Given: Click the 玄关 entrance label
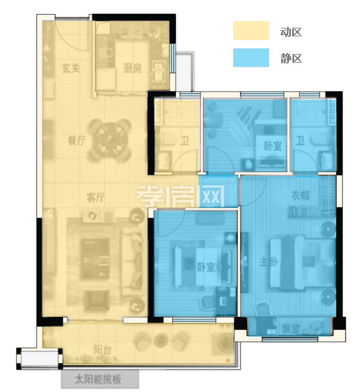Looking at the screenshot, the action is click(71, 68).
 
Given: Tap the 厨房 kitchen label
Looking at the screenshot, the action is click(132, 68).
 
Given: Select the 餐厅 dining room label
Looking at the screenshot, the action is click(77, 140).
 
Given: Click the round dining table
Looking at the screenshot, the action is click(110, 140).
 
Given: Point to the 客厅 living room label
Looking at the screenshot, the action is click(96, 198).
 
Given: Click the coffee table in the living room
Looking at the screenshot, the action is click(95, 259).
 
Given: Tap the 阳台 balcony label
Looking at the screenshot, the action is click(102, 350).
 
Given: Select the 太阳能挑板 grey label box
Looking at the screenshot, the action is click(100, 379).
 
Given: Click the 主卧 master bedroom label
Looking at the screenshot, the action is click(268, 262).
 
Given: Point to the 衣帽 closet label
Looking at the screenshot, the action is click(300, 195).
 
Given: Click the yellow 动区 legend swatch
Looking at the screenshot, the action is click(251, 30).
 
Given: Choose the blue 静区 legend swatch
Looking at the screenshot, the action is click(251, 58).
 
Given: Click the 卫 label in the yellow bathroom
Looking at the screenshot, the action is click(185, 141).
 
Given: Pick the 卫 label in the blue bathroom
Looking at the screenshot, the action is click(300, 141).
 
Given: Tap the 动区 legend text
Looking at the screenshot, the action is click(291, 32).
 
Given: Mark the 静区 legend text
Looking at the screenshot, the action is click(291, 59).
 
